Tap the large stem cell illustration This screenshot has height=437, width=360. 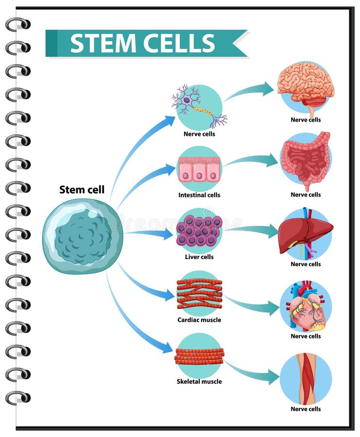pyautogui.click(x=82, y=236)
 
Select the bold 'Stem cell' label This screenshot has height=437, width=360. pyautogui.click(x=82, y=189)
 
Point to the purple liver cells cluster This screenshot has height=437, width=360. pyautogui.click(x=199, y=231)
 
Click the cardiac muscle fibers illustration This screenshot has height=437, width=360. pyautogui.click(x=199, y=293)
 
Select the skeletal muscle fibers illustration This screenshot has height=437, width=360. pyautogui.click(x=199, y=356)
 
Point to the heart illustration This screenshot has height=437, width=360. pyautogui.click(x=306, y=306)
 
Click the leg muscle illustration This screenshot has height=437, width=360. pyautogui.click(x=306, y=379)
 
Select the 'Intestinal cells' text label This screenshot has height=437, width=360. pyautogui.click(x=199, y=195)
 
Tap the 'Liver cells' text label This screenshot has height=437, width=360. pyautogui.click(x=199, y=257)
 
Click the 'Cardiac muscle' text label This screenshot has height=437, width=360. pyautogui.click(x=199, y=320)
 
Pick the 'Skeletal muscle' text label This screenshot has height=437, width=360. pyautogui.click(x=199, y=382)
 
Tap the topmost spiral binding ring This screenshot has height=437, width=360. pyautogui.click(x=18, y=24)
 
